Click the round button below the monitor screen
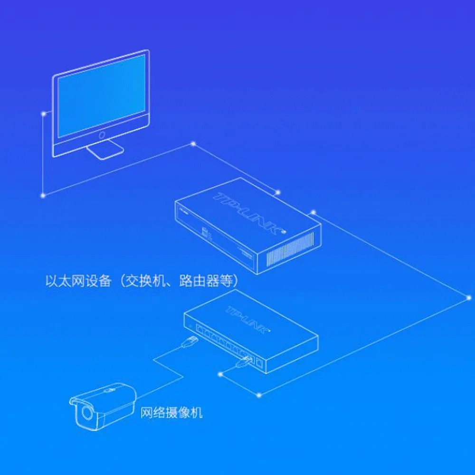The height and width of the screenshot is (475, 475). coord(102,136)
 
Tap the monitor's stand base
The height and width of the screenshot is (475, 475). coord(105,151)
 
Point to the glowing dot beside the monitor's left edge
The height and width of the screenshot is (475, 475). coord(44,114)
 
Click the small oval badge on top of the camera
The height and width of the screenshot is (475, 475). coord(109,390)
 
